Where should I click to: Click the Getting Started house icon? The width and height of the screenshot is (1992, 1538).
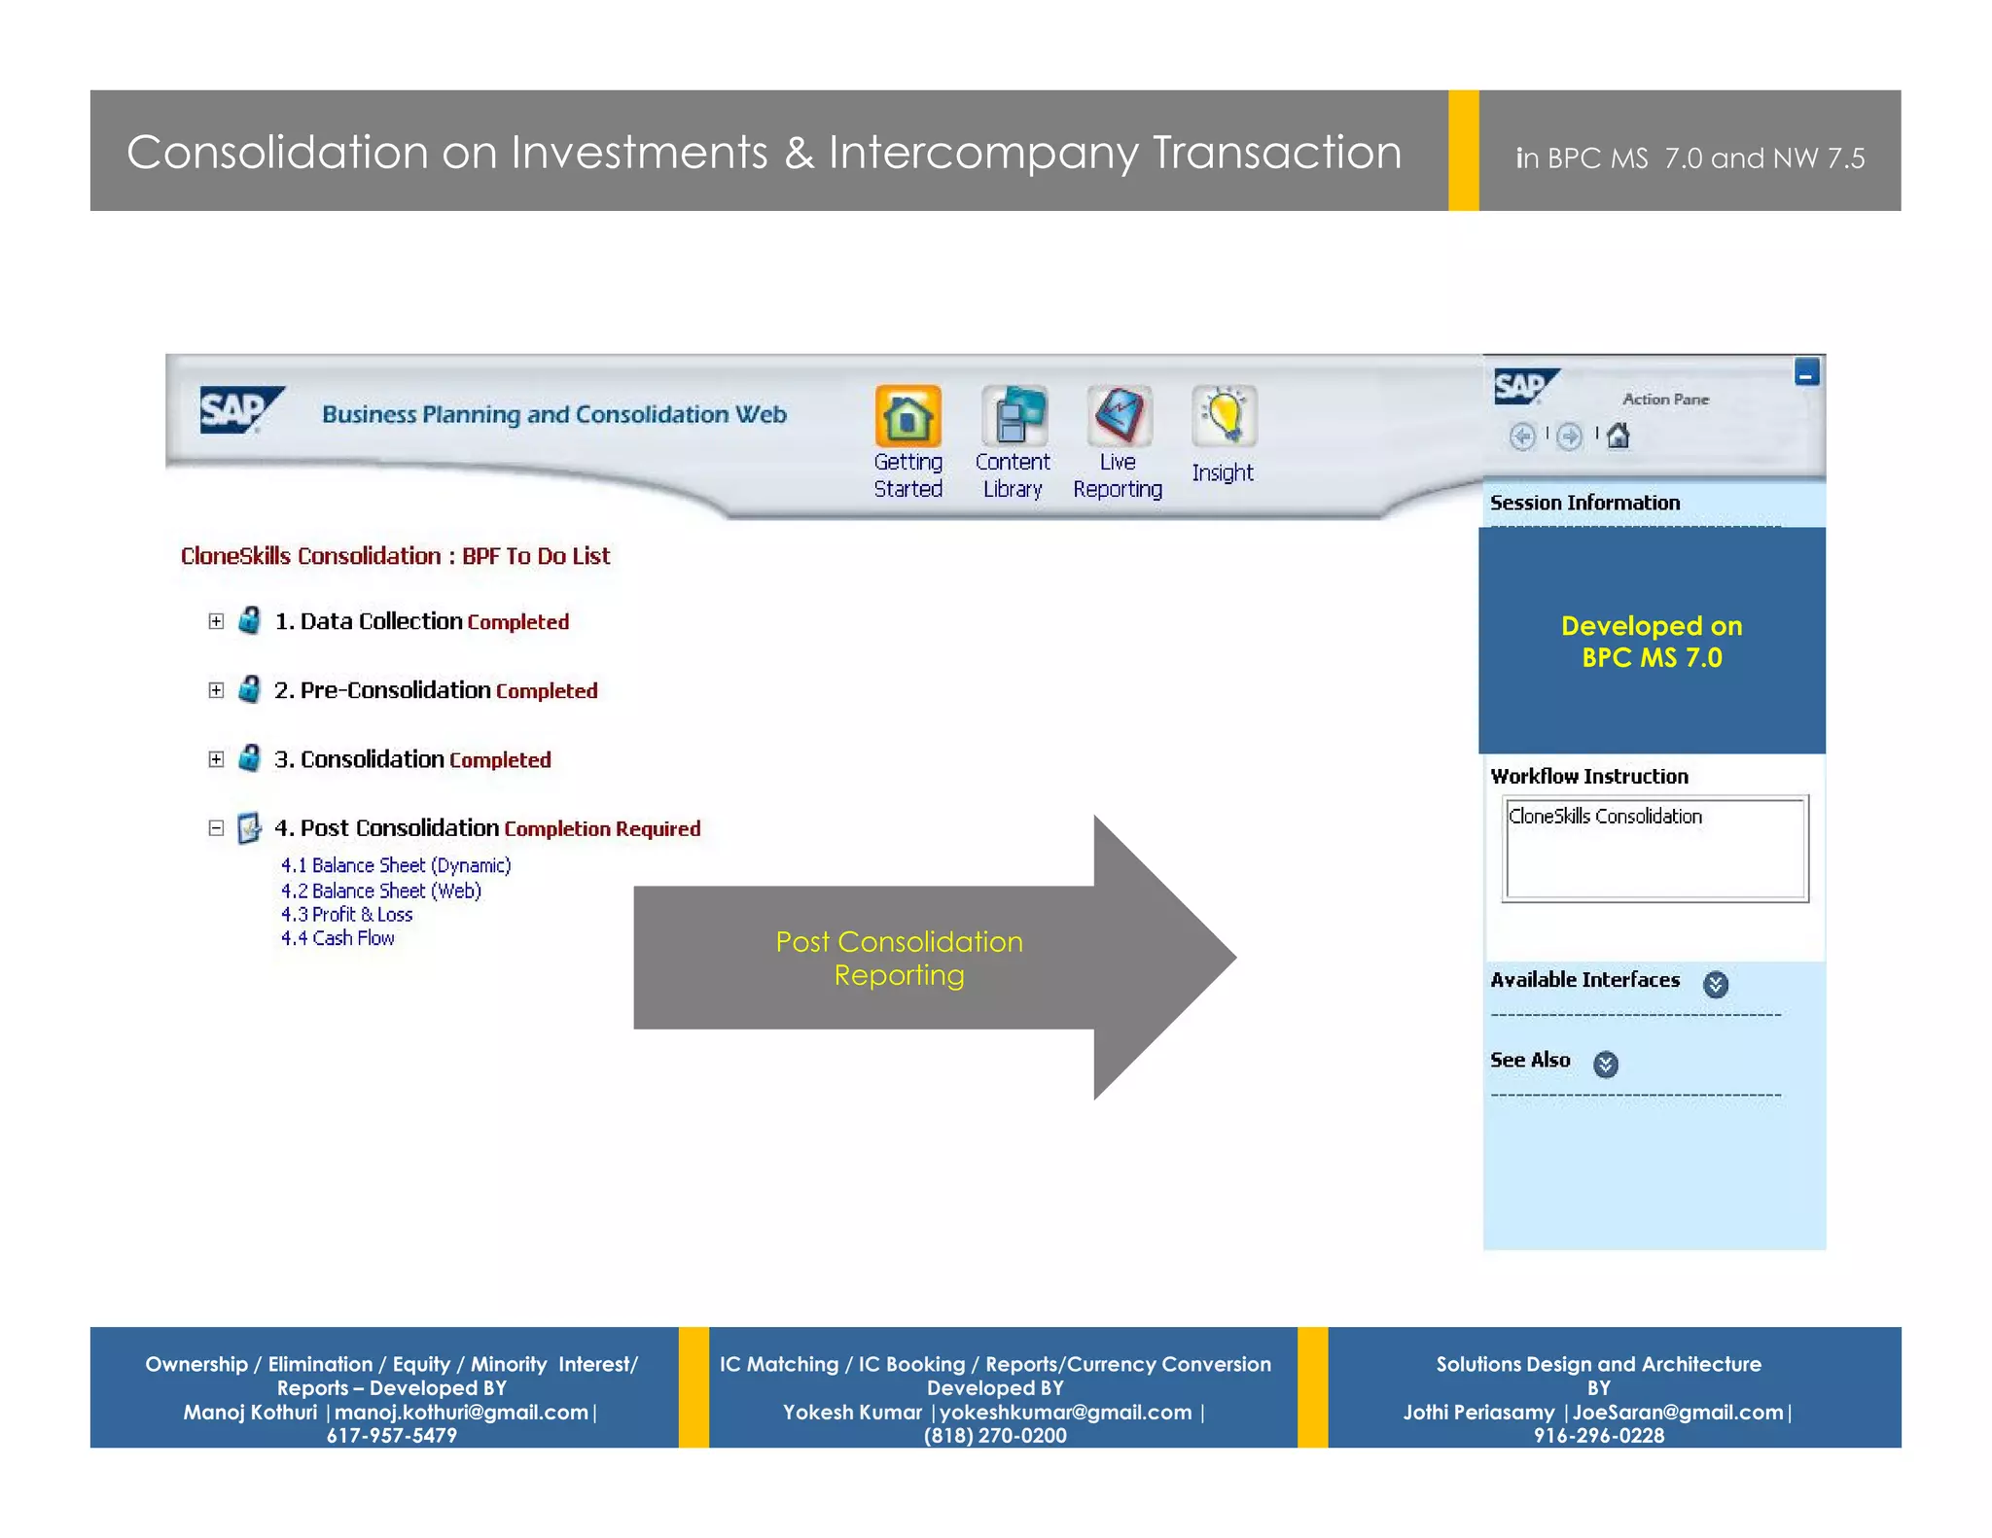tap(907, 416)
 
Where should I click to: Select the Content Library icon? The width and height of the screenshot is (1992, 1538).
tap(1013, 416)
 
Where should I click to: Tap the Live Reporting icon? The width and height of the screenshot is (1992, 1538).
tap(1119, 416)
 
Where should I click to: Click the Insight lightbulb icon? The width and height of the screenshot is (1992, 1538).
tap(1224, 416)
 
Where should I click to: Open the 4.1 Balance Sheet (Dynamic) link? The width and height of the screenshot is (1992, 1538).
tap(395, 865)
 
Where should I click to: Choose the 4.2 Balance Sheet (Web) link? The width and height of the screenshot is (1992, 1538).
tap(380, 891)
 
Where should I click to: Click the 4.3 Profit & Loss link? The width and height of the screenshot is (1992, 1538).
tap(346, 915)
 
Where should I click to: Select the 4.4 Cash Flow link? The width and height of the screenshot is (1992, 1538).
tap(338, 938)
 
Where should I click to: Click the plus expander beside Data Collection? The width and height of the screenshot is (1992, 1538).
tap(216, 621)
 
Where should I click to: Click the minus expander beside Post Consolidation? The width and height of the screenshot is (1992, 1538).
tap(216, 828)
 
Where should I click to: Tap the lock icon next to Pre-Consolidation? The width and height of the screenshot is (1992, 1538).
tap(250, 690)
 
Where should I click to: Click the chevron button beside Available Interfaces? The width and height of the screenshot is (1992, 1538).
tap(1716, 984)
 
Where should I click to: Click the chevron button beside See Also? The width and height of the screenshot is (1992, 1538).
tap(1606, 1065)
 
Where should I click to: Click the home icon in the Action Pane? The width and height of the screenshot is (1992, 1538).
tap(1618, 437)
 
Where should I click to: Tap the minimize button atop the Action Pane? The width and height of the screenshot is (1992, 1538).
tap(1806, 372)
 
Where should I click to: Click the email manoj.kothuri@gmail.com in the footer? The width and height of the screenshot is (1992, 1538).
tap(461, 1412)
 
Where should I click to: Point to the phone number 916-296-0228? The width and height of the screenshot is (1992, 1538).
tap(1598, 1435)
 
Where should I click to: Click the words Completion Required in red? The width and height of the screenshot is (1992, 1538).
tap(602, 829)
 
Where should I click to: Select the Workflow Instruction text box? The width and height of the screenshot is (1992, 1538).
tap(1654, 849)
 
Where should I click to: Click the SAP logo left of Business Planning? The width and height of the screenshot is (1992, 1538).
tap(240, 410)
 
